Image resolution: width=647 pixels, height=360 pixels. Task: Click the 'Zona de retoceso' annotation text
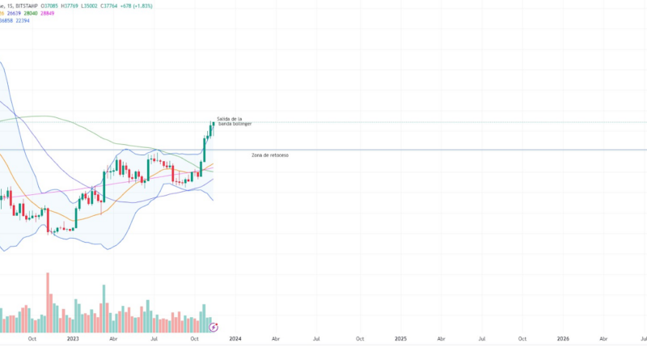(x=270, y=155)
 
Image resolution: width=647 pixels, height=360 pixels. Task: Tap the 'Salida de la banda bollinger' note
(x=235, y=121)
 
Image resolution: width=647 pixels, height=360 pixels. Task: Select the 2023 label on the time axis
(x=73, y=340)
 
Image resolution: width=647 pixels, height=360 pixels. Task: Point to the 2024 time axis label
(x=235, y=340)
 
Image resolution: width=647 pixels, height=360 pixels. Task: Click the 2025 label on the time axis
(x=400, y=340)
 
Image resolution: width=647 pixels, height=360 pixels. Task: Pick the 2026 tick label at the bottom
(x=563, y=340)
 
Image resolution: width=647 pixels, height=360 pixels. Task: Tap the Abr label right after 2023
(x=114, y=340)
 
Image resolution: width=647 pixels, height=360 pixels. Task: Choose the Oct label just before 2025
(x=360, y=340)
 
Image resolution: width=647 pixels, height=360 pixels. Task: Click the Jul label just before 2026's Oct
(x=482, y=340)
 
